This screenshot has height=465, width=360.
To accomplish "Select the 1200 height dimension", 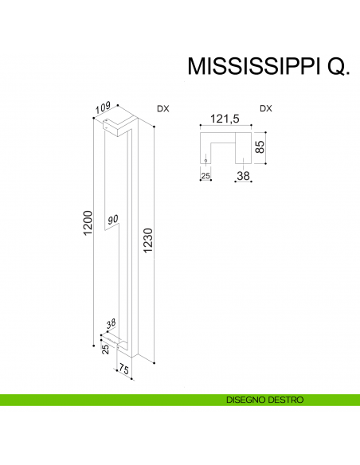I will tap(88, 222).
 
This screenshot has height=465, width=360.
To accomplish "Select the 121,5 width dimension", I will tap(225, 119).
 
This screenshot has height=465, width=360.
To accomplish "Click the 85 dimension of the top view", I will tap(259, 147).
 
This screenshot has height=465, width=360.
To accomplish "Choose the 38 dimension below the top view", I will tap(243, 176).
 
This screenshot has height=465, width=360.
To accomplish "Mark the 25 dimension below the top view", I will tap(205, 176).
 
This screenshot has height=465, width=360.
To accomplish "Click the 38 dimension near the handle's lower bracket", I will tap(112, 324).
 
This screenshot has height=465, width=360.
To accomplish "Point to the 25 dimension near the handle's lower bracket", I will tap(105, 349).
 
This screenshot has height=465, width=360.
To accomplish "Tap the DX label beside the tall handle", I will tap(162, 108).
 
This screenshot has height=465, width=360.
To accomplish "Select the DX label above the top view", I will tap(266, 108).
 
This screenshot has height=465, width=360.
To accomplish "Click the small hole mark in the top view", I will tap(205, 161).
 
